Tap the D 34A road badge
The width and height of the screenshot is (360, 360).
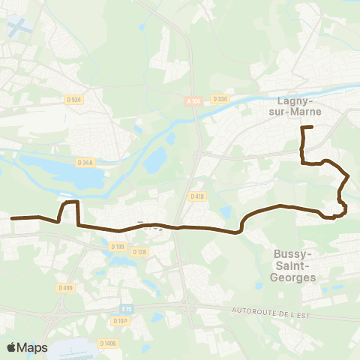click(85, 161)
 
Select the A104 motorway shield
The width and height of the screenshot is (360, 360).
click(193, 98)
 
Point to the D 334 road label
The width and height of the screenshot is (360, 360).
click(219, 98)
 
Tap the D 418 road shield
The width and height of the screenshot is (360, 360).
click(197, 196)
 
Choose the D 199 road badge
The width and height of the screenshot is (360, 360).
click(116, 246)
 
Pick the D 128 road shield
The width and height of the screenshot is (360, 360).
click(139, 252)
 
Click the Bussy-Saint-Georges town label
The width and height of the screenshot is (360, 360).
click(293, 265)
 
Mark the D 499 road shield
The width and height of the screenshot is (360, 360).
click(65, 286)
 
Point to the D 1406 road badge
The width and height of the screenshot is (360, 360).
click(107, 343)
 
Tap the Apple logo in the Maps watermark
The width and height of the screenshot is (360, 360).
click(11, 347)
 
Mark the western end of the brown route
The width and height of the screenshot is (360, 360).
click(13, 218)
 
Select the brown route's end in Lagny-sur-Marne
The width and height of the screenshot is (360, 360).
click(311, 128)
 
